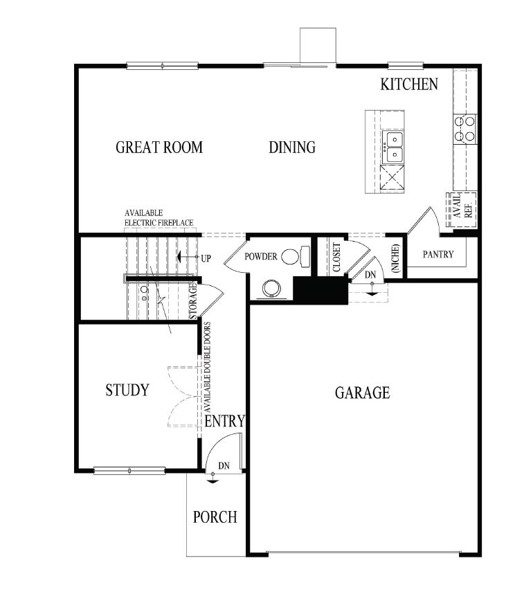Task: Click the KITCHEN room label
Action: pyautogui.click(x=409, y=84)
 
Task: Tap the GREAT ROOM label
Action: pyautogui.click(x=159, y=147)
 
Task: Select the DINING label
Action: pyautogui.click(x=292, y=147)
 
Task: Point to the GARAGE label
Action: pyautogui.click(x=362, y=393)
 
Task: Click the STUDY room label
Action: pyautogui.click(x=127, y=391)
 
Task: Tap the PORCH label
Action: pyautogui.click(x=215, y=517)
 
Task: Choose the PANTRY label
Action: pyautogui.click(x=438, y=255)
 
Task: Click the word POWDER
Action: pyautogui.click(x=261, y=257)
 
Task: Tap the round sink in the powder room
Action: pyautogui.click(x=270, y=288)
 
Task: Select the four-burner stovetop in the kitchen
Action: pyautogui.click(x=465, y=129)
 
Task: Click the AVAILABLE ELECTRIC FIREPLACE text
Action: pyautogui.click(x=159, y=217)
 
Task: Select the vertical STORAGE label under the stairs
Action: pyautogui.click(x=194, y=300)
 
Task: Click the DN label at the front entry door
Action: pyautogui.click(x=224, y=465)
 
